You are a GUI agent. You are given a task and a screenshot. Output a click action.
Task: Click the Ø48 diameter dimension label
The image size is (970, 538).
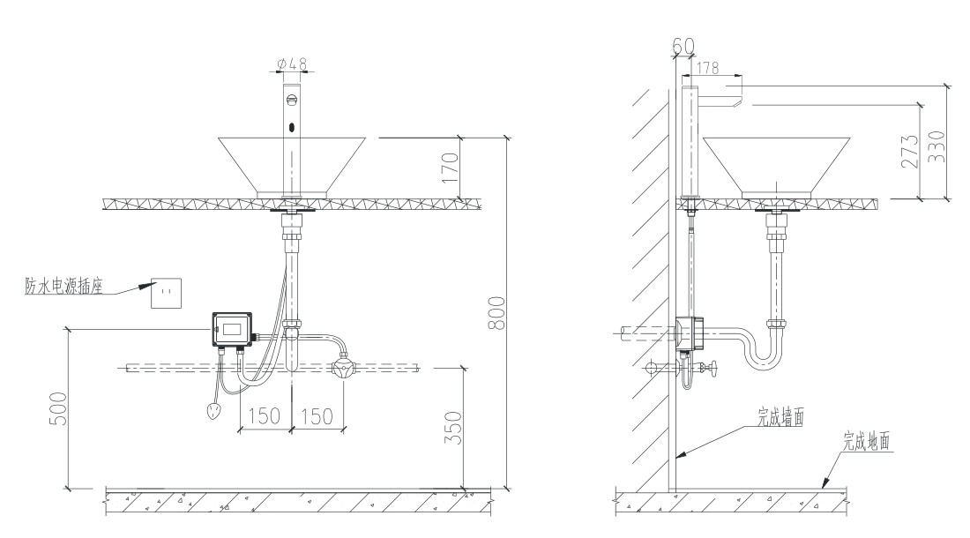(292, 64)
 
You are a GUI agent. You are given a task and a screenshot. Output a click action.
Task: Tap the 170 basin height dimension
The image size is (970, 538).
(451, 167)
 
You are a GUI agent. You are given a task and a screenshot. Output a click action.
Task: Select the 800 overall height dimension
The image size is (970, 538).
(497, 313)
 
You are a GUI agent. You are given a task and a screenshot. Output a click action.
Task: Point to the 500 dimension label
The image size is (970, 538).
(57, 408)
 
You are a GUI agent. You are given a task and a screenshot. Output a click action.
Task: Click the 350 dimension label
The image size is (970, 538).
(454, 427)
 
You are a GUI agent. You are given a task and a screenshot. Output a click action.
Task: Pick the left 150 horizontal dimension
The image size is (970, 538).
(265, 416)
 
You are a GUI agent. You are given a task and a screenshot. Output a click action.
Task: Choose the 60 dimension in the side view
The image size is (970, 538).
(683, 46)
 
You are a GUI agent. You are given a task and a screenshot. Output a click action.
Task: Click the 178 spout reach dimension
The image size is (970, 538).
(708, 67)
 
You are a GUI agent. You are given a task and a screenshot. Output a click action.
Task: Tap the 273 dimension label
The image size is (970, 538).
(909, 152)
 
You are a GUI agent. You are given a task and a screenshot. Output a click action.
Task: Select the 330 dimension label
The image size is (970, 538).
(937, 146)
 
